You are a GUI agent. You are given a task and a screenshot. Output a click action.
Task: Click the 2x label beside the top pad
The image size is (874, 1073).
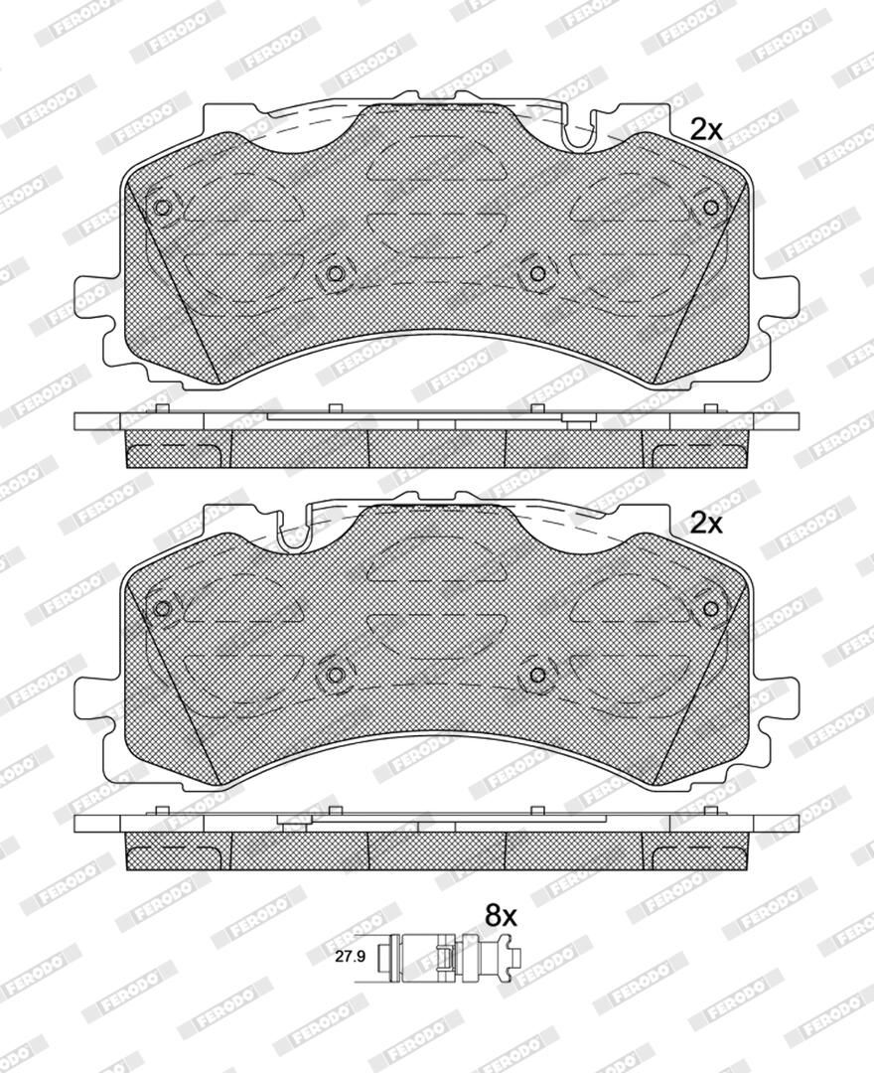point(706,129)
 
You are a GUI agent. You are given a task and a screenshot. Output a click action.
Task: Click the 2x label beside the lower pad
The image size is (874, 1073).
point(706,524)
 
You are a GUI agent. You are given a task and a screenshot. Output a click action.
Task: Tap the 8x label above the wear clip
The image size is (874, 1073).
point(502,914)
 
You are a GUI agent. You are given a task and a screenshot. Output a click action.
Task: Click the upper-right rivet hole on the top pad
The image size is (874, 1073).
point(710,208)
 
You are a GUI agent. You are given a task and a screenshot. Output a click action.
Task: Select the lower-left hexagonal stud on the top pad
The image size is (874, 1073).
point(335,274)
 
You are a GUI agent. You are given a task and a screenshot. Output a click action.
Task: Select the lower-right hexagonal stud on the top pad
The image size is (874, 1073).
point(537,274)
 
